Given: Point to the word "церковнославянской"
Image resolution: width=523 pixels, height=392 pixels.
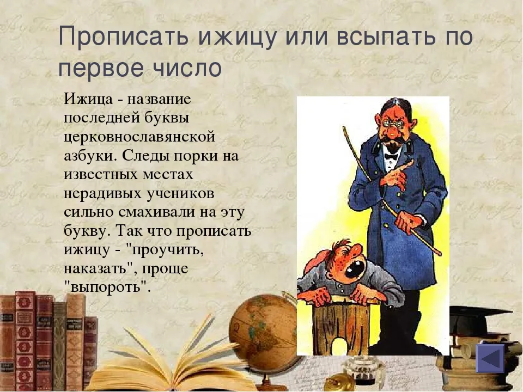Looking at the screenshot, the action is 139,137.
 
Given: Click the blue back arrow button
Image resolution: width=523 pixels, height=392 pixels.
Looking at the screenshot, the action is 490,358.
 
